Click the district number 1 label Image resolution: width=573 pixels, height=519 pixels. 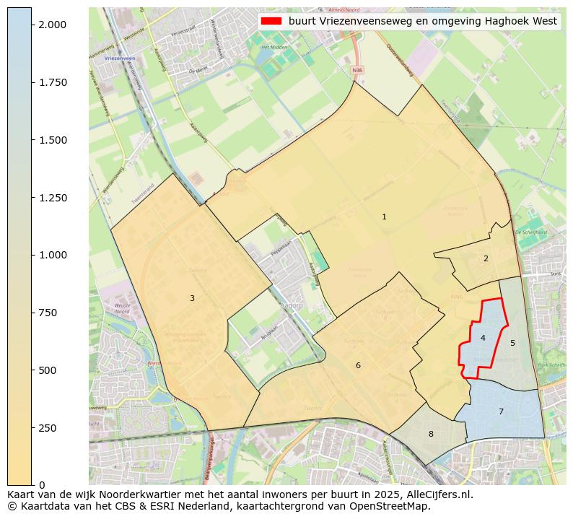(x=384, y=217)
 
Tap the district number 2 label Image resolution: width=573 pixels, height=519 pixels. (x=486, y=258)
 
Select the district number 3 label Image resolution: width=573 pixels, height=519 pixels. (x=192, y=298)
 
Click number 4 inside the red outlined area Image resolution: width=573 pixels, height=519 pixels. (x=483, y=338)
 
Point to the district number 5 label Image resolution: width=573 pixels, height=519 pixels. (x=512, y=343)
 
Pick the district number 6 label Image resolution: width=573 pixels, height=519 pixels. (x=358, y=365)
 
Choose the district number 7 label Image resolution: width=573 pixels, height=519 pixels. (x=501, y=411)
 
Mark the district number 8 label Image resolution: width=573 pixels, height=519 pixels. (x=431, y=434)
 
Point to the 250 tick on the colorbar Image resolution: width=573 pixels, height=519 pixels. (x=48, y=428)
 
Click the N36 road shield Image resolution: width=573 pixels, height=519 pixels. (x=357, y=70)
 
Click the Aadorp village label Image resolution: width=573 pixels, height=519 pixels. (x=292, y=305)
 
